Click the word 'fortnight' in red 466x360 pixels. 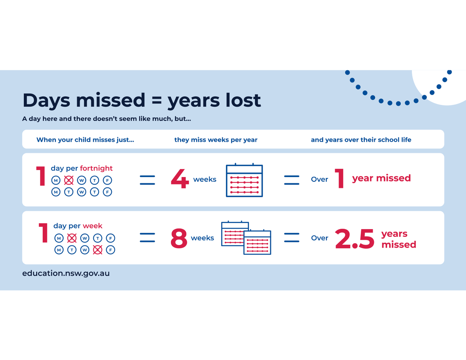tap(96, 168)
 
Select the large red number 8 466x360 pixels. tap(179, 238)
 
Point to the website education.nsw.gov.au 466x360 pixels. tap(66, 273)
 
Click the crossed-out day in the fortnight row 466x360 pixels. tap(69, 180)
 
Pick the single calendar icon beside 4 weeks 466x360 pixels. tap(244, 180)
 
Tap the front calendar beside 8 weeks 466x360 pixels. tap(257, 242)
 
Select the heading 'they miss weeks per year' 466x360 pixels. tap(216, 140)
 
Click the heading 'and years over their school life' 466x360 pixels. tap(361, 140)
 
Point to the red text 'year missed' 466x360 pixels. tap(381, 178)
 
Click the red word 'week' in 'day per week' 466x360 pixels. tap(93, 226)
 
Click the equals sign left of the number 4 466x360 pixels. tap(147, 179)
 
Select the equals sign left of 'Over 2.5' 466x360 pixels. tap(292, 238)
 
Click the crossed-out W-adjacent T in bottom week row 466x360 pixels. tap(97, 250)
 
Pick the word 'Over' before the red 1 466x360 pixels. tap(320, 179)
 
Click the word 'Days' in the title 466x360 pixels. tap(47, 100)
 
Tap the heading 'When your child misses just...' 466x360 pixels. tap(85, 140)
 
